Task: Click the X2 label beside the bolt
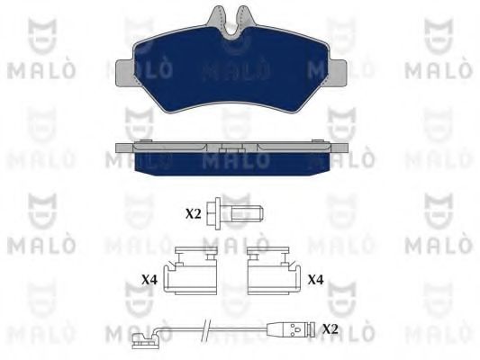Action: (193, 214)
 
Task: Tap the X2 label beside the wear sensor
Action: (331, 329)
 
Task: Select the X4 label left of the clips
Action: (149, 280)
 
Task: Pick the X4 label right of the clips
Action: (315, 280)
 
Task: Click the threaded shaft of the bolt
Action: (247, 213)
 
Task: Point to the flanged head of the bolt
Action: (214, 213)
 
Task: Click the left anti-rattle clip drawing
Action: (190, 271)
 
